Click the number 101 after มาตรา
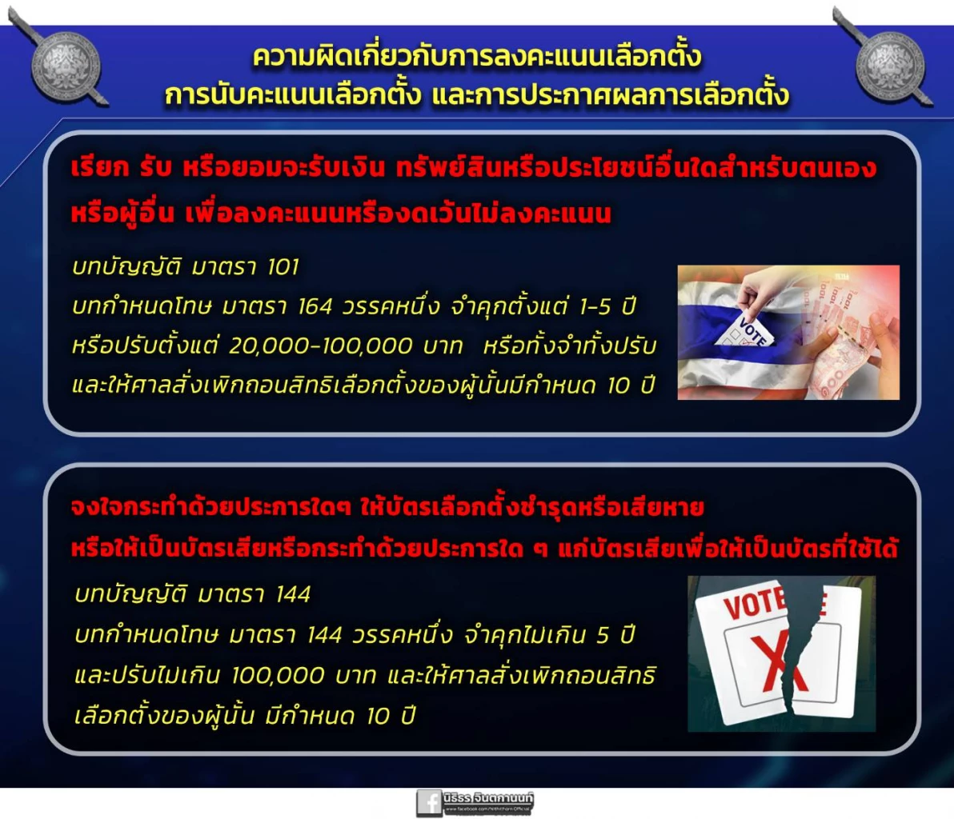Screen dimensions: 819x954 point(283,266)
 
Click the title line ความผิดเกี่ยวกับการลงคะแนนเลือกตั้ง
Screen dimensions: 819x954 point(477,56)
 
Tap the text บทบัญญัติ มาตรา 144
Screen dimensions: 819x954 point(192,594)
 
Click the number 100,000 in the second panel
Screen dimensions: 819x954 point(278,676)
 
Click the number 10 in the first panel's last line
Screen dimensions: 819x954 point(619,386)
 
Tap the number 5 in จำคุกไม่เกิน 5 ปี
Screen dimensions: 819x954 point(603,635)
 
